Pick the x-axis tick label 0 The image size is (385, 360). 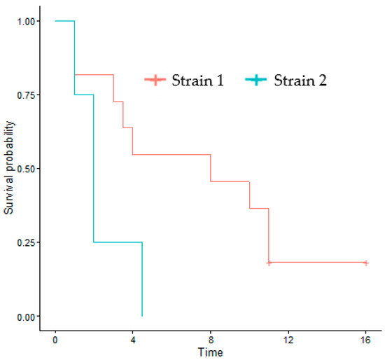point(55,340)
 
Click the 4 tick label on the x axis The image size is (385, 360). point(133,340)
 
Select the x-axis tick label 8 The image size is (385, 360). point(211,340)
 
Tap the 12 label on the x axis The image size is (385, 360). point(288,340)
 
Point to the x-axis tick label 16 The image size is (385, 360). point(365,340)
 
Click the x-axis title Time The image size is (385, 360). point(210,352)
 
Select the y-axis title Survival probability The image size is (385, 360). point(9,169)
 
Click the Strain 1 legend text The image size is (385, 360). point(198,80)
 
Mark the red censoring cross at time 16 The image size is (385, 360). point(365,263)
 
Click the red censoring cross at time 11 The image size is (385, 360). point(269,263)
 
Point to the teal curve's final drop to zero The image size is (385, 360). point(142,280)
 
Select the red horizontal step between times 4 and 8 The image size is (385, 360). point(171,154)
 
